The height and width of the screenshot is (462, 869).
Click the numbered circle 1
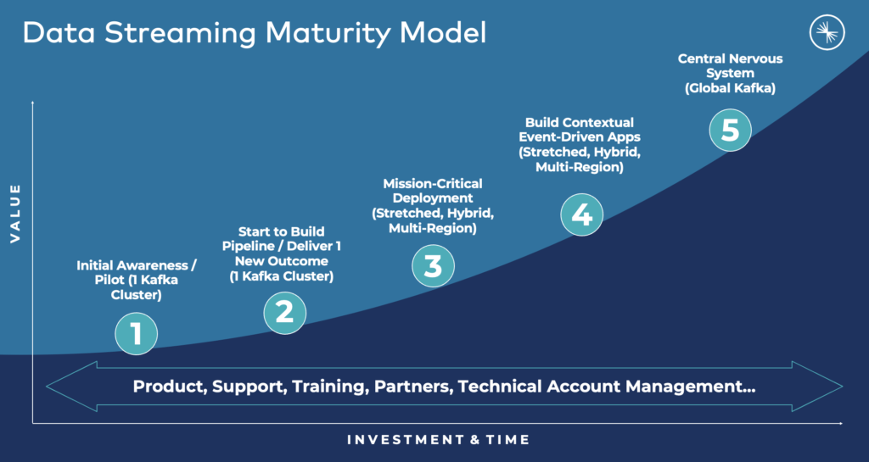[136, 334]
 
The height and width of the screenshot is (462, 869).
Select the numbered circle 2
[284, 312]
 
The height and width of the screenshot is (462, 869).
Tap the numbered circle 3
[433, 265]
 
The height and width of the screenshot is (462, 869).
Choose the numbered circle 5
[730, 131]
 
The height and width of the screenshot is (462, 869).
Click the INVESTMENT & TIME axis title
[438, 440]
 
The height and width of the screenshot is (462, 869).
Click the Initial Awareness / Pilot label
[137, 281]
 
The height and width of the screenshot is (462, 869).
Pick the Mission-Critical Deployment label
[432, 206]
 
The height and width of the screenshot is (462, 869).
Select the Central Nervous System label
[730, 73]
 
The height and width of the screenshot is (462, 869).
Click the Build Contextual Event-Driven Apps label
[579, 145]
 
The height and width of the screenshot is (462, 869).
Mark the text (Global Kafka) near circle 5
[730, 88]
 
